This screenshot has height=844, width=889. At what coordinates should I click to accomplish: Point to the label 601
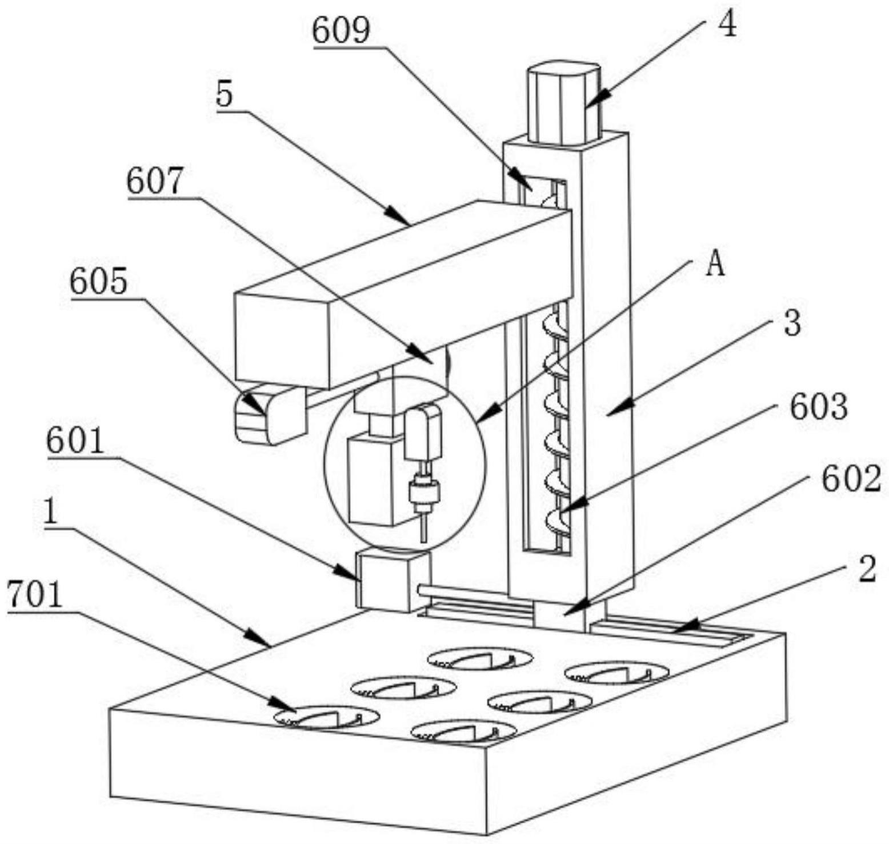[x=76, y=441]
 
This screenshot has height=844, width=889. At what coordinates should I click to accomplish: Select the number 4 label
[x=727, y=25]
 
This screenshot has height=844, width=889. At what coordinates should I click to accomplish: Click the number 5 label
[x=225, y=95]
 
